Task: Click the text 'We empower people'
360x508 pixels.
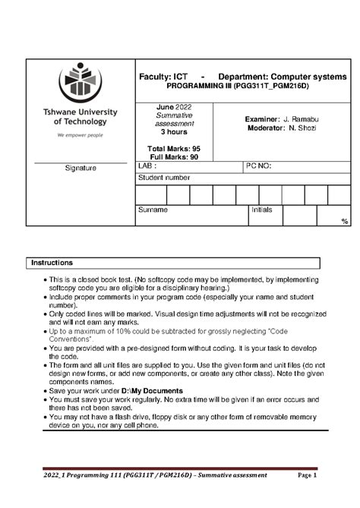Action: (x=80, y=134)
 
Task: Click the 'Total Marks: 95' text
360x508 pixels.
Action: (x=174, y=148)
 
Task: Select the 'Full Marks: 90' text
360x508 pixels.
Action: (x=174, y=156)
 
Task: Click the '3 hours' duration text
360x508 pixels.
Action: (x=174, y=131)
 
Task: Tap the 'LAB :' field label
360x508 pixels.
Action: (x=147, y=166)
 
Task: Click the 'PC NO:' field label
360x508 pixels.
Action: (x=259, y=166)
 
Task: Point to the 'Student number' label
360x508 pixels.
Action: (x=163, y=178)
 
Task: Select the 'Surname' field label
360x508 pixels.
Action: (x=152, y=210)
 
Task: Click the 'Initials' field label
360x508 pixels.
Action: (x=262, y=210)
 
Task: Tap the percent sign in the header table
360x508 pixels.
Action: (x=345, y=221)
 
